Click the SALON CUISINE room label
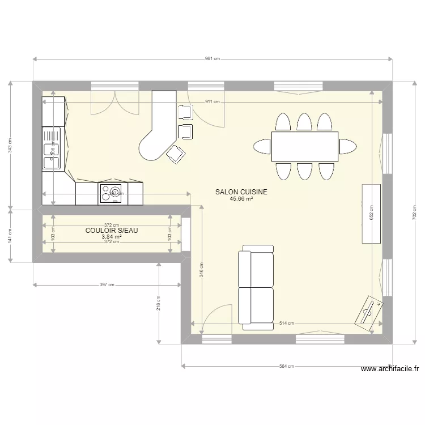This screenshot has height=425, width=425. [x=241, y=192]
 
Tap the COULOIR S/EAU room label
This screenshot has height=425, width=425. [x=112, y=231]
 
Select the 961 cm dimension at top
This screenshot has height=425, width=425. [x=212, y=58]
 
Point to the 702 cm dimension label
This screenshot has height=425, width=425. [x=414, y=212]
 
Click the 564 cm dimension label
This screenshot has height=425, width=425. [x=287, y=366]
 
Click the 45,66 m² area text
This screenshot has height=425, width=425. [x=241, y=199]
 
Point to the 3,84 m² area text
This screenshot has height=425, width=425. [x=112, y=237]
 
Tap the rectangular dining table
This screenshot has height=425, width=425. [x=304, y=146]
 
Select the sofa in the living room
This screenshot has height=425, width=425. [x=256, y=287]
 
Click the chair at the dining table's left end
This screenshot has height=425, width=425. [x=262, y=146]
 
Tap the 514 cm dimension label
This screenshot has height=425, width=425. [x=287, y=324]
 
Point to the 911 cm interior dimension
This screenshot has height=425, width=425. [x=212, y=102]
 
